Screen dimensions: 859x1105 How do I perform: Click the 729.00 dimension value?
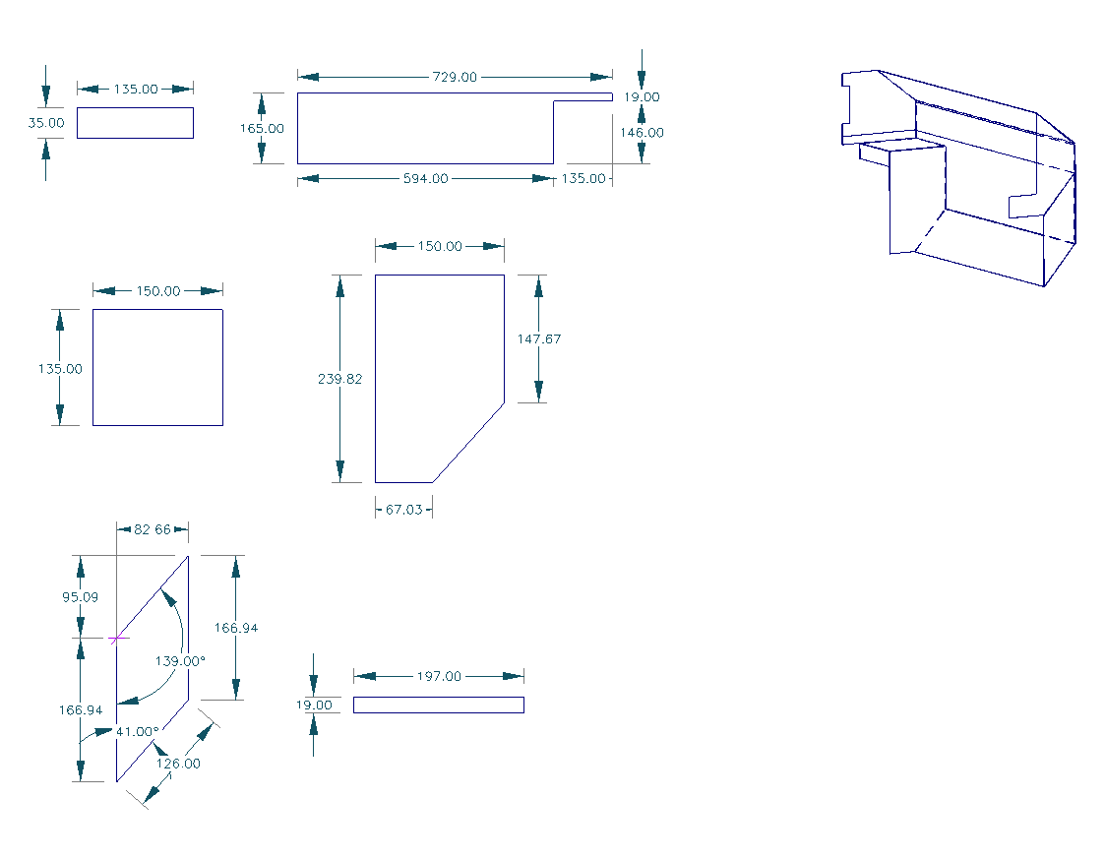455,77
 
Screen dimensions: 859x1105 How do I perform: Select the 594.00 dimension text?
425,178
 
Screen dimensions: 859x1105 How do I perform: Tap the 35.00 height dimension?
45,123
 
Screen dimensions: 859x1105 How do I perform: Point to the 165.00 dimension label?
262,128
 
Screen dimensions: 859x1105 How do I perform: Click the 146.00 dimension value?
641,132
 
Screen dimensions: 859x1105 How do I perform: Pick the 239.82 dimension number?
340,379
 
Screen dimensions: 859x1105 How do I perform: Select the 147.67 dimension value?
539,338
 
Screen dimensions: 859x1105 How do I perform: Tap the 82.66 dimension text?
153,529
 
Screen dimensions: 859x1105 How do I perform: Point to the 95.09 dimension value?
80,596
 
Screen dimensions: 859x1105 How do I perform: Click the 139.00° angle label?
181,661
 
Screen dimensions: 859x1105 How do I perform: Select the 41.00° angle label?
137,731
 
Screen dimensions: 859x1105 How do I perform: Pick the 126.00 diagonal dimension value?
178,763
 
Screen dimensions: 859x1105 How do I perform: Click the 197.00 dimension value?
439,676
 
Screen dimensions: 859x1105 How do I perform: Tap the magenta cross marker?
117,638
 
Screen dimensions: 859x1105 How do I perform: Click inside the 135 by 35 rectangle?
135,123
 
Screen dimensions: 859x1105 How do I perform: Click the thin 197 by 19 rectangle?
438,705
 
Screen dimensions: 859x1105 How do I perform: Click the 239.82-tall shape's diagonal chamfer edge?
469,442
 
